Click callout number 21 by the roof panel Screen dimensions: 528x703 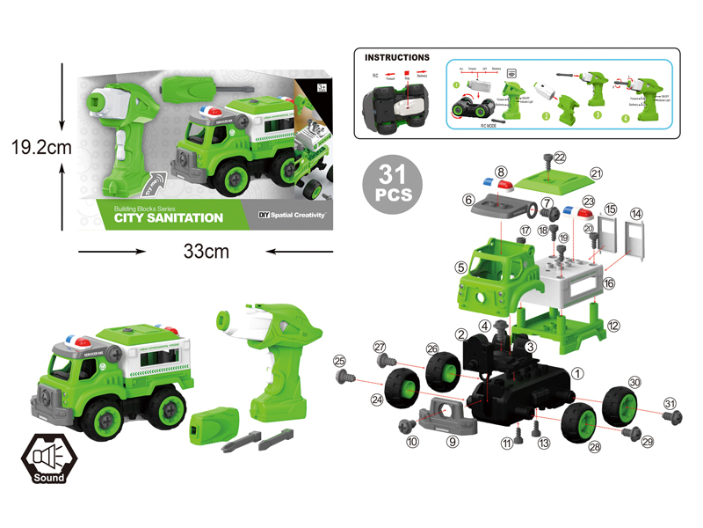click(621, 173)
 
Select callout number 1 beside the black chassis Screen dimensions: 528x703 click(577, 373)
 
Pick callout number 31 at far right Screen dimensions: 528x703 click(671, 404)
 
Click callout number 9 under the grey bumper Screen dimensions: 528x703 click(452, 442)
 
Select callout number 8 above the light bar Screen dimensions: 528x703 click(500, 172)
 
